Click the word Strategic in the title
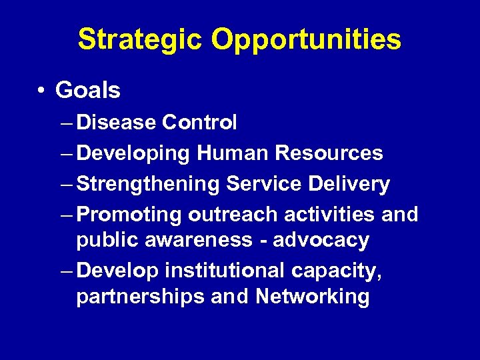pyautogui.click(x=139, y=40)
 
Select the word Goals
pyautogui.click(x=88, y=90)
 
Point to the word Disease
pyautogui.click(x=117, y=123)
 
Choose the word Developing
pyautogui.click(x=133, y=154)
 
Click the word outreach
pyautogui.click(x=233, y=215)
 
